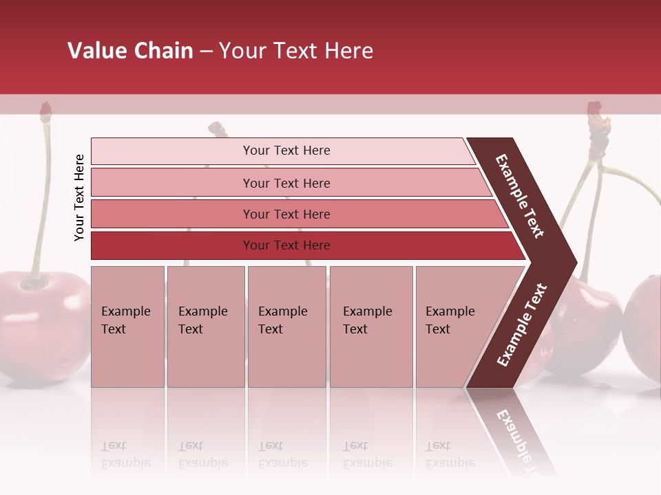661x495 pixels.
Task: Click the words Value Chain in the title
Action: point(130,51)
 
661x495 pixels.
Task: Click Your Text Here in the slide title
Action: point(296,51)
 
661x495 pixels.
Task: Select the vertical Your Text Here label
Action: point(79,197)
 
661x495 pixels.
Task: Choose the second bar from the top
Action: point(286,183)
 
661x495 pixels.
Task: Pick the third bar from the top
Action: point(286,214)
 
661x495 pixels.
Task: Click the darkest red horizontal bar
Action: point(286,245)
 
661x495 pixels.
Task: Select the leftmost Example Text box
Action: point(127,327)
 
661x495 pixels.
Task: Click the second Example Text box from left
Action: point(205,327)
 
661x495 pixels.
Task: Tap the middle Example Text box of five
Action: point(286,327)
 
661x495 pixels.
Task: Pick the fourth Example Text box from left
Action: point(370,327)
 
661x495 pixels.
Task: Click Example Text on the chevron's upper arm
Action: point(520,196)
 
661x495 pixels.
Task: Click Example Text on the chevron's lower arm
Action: point(522,324)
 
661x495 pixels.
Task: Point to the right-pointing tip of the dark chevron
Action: point(573,262)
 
